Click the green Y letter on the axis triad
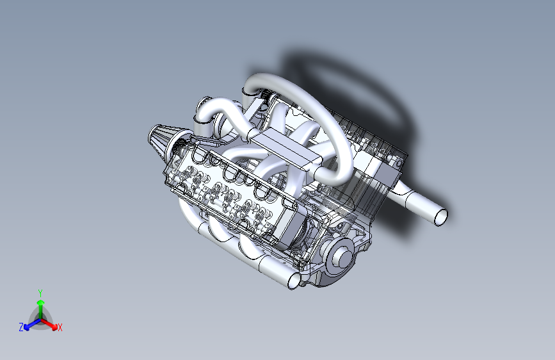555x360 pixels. pyautogui.click(x=40, y=293)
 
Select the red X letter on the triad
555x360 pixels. pyautogui.click(x=60, y=327)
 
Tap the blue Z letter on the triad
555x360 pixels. pyautogui.click(x=21, y=327)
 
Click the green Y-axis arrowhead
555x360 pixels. pyautogui.click(x=41, y=302)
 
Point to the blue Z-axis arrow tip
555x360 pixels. pyautogui.click(x=26, y=327)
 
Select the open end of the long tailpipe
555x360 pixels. pyautogui.click(x=441, y=217)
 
